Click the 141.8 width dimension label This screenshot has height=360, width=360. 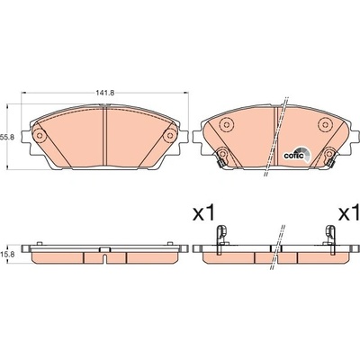pyautogui.click(x=105, y=93)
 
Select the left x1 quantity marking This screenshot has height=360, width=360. pyautogui.click(x=203, y=212)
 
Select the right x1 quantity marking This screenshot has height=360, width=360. pyautogui.click(x=349, y=212)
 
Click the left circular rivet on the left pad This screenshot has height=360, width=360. pyautogui.click(x=39, y=136)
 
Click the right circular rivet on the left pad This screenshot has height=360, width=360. pyautogui.click(x=170, y=136)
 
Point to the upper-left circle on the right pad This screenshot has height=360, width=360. pyautogui.click(x=226, y=124)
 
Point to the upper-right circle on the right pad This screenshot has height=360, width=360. pyautogui.click(x=325, y=124)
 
